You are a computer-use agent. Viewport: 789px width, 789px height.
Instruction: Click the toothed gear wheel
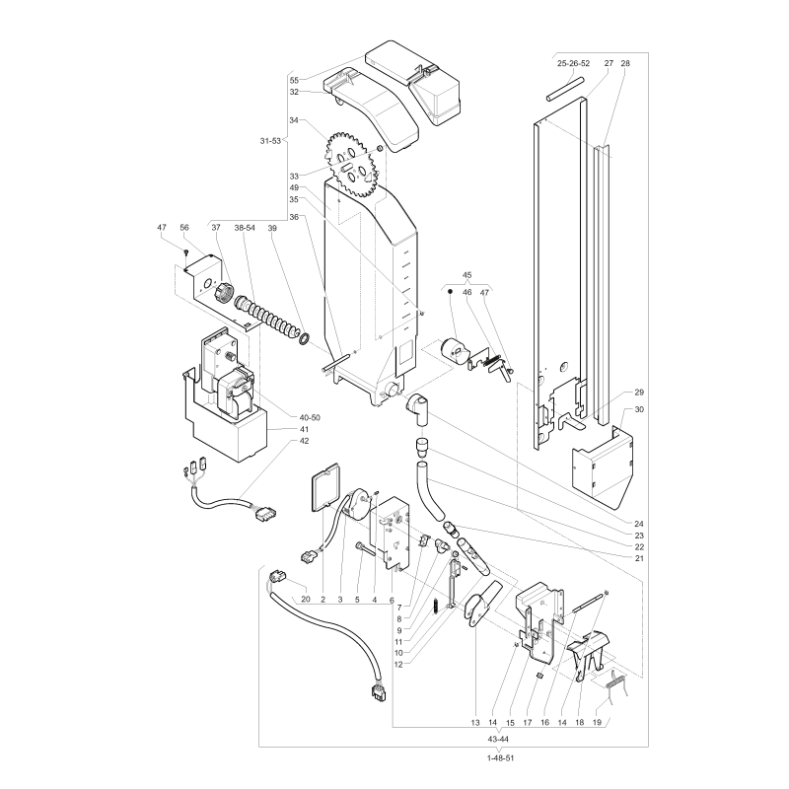(352, 164)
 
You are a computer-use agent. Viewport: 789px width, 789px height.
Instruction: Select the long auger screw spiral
(266, 318)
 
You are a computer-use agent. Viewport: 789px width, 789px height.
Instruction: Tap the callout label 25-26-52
(574, 63)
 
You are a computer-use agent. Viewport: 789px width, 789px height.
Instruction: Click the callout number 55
(294, 80)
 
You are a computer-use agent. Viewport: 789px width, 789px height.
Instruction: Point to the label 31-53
(270, 141)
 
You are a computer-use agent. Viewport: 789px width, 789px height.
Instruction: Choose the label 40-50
(310, 417)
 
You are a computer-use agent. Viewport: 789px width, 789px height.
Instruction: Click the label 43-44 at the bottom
(498, 739)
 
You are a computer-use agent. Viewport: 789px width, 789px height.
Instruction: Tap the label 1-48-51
(501, 757)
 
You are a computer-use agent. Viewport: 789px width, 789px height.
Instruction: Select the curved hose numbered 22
(429, 490)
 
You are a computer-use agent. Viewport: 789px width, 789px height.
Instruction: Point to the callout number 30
(639, 409)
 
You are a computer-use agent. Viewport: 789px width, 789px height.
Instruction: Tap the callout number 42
(304, 441)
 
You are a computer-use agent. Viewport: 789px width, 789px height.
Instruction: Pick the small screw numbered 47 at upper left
(186, 251)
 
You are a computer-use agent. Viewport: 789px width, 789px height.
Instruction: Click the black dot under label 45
(450, 291)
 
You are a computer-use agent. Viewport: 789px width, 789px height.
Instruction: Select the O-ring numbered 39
(305, 338)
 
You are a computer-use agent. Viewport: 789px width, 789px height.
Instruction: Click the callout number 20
(306, 600)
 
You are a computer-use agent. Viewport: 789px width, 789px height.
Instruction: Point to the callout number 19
(597, 723)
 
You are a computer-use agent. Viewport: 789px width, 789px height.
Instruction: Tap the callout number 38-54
(245, 228)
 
